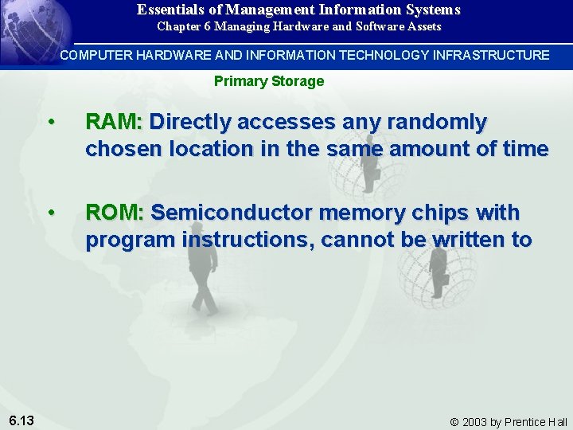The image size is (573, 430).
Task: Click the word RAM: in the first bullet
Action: pos(113,122)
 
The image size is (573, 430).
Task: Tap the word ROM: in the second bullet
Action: pos(115,213)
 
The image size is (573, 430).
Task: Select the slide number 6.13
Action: pos(21,420)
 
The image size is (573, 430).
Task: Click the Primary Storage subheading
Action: pos(269,81)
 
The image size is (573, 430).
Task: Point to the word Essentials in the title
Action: pos(171,10)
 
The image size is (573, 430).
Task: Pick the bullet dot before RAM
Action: pos(51,123)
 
